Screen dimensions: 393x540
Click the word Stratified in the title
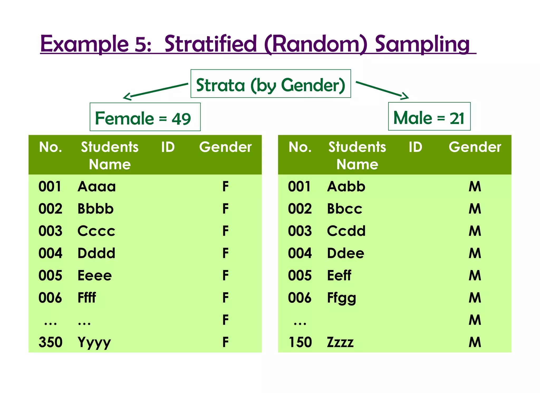(210, 44)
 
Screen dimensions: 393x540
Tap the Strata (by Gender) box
(271, 84)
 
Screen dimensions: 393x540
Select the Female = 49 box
(145, 117)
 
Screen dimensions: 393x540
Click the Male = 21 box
(429, 117)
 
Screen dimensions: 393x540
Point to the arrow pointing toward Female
(156, 91)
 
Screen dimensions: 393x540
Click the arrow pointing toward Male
(382, 90)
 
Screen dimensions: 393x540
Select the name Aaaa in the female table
(97, 187)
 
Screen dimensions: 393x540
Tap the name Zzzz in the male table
(340, 342)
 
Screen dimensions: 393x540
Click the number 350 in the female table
(50, 342)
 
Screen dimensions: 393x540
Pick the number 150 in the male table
(300, 342)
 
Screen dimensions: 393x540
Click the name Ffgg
(341, 298)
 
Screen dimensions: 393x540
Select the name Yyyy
(94, 343)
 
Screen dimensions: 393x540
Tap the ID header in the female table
(168, 147)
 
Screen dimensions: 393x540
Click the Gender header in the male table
(475, 147)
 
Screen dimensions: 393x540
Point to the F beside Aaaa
(225, 187)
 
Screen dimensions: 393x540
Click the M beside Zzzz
(475, 342)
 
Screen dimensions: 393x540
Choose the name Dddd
(97, 253)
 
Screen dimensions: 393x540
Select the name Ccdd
(346, 231)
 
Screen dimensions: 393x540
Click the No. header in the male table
(300, 147)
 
